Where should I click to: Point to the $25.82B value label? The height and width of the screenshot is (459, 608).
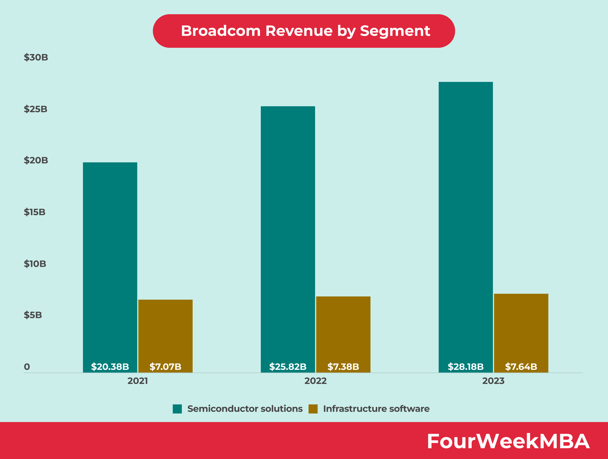pos(288,367)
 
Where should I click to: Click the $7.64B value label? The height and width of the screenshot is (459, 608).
pos(521,367)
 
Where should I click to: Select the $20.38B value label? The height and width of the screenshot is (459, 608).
pos(110,367)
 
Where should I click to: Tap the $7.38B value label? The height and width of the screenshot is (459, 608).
pos(343,367)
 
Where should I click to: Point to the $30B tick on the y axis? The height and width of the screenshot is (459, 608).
pos(36,58)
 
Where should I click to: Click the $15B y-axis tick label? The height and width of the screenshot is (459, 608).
pos(35,212)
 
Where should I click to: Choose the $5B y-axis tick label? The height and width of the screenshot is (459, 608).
pos(33,315)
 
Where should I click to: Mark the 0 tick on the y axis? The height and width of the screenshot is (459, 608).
pos(27,367)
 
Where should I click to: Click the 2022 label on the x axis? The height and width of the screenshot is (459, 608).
pos(315,381)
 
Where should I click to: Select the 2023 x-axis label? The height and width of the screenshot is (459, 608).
pos(493,381)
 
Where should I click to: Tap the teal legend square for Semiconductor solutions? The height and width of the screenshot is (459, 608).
pos(177,409)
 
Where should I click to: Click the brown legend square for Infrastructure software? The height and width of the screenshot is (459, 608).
pos(313,409)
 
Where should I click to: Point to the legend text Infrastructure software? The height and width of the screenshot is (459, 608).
pos(376,409)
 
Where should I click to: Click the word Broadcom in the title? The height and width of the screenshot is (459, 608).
pos(221,31)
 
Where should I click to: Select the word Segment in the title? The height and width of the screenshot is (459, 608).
pos(395,31)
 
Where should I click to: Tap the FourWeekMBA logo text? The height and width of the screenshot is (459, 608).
pos(508,441)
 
